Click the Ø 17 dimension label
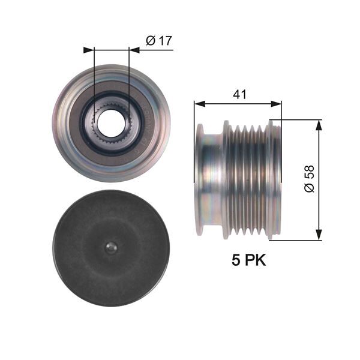159,40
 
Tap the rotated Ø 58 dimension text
309,179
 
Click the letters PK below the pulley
256,260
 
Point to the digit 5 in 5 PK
236,260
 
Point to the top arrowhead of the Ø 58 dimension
318,124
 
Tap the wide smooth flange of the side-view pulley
211,180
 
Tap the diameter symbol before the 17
151,40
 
